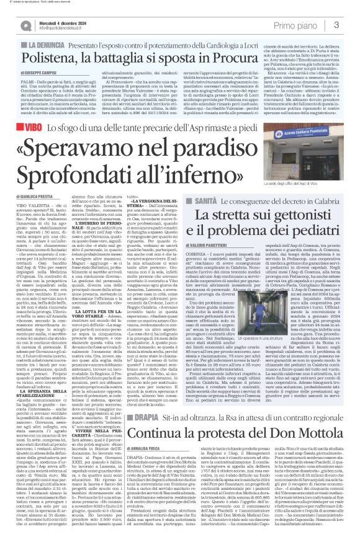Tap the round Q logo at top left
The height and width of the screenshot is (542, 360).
pos(25,25)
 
